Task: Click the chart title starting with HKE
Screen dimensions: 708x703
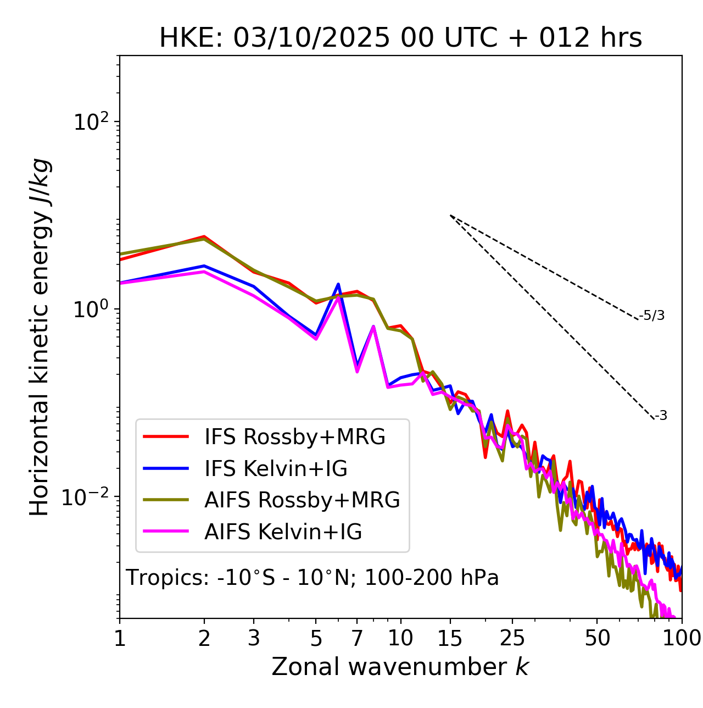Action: pyautogui.click(x=400, y=38)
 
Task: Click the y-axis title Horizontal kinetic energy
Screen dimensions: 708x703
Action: pyautogui.click(x=40, y=337)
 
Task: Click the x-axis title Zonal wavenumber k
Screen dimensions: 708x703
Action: pyautogui.click(x=400, y=667)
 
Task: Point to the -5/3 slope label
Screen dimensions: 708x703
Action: pyautogui.click(x=652, y=316)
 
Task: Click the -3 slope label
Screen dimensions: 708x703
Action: pyautogui.click(x=661, y=416)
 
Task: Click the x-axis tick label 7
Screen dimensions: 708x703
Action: pyautogui.click(x=357, y=638)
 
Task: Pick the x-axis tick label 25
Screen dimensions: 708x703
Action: pyautogui.click(x=512, y=638)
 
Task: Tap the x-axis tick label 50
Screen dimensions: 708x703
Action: pyautogui.click(x=597, y=638)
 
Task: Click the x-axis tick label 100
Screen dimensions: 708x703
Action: pyautogui.click(x=681, y=638)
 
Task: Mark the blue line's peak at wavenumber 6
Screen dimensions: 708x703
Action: pyautogui.click(x=338, y=284)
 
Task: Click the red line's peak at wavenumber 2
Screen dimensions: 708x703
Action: pyautogui.click(x=204, y=236)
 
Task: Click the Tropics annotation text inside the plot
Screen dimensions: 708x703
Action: pyautogui.click(x=312, y=578)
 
